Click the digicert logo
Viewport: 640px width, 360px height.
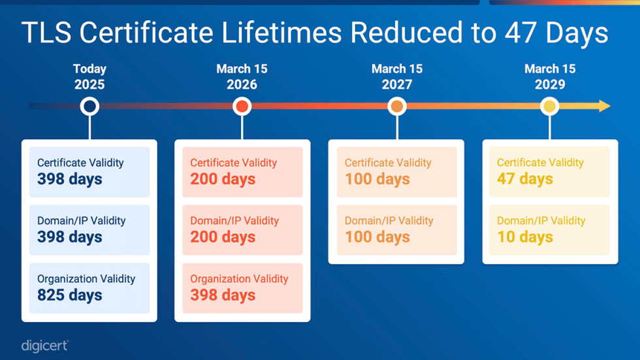click(x=44, y=346)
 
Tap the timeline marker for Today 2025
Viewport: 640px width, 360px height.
click(x=89, y=106)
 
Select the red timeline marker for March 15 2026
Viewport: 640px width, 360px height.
click(x=242, y=106)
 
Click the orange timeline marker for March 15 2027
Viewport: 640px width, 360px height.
click(x=397, y=106)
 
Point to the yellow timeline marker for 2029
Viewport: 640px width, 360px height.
click(x=550, y=106)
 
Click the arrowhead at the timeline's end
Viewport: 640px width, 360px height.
click(x=605, y=106)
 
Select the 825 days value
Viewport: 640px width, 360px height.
click(x=69, y=295)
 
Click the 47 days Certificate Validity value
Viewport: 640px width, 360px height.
click(x=524, y=179)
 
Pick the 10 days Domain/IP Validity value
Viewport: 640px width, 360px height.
click(x=524, y=237)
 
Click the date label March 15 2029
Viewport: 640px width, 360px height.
click(x=550, y=76)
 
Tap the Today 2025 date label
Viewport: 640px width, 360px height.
click(x=89, y=76)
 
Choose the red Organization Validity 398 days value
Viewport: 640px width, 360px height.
click(x=223, y=295)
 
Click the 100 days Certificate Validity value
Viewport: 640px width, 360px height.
click(x=377, y=179)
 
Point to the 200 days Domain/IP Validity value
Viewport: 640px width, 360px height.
click(x=223, y=237)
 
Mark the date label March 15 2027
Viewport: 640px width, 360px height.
click(x=397, y=76)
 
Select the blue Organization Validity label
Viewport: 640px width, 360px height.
click(x=86, y=279)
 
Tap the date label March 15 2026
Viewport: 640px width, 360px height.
click(x=242, y=76)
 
